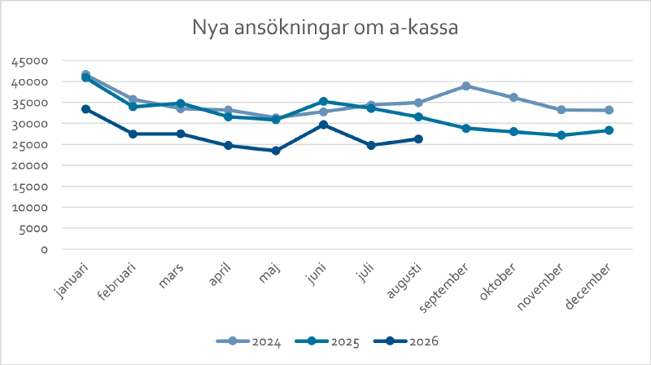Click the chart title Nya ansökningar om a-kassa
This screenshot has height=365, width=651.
(325, 28)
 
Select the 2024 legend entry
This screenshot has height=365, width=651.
(249, 341)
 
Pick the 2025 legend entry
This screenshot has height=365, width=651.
(327, 341)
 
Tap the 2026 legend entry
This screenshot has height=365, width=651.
(406, 341)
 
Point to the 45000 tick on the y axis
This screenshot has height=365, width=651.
(30, 62)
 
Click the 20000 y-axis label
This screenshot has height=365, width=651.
(30, 165)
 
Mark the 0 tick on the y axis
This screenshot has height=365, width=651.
(44, 249)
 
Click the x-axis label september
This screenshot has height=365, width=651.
(443, 288)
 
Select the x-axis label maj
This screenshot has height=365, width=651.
(270, 273)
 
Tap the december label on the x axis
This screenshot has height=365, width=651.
(588, 286)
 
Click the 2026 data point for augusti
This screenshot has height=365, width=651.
(418, 139)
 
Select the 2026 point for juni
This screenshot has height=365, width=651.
(323, 125)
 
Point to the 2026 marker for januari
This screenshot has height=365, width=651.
(86, 109)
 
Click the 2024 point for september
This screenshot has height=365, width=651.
(465, 86)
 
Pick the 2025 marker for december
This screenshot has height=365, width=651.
(609, 130)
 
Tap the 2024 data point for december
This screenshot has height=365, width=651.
(609, 110)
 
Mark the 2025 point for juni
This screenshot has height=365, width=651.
(323, 102)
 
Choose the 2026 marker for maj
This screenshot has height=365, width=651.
(276, 151)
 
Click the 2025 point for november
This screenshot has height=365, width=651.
(561, 135)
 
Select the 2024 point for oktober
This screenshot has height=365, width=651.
(513, 97)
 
